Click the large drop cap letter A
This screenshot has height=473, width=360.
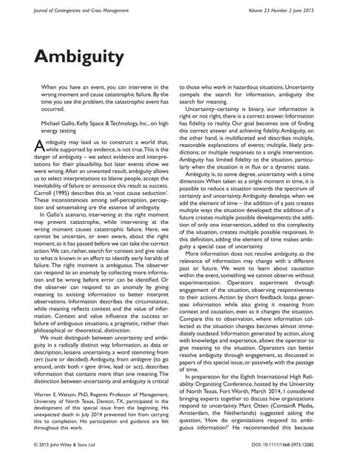click(41, 146)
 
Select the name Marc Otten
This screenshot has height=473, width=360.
click(259, 413)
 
